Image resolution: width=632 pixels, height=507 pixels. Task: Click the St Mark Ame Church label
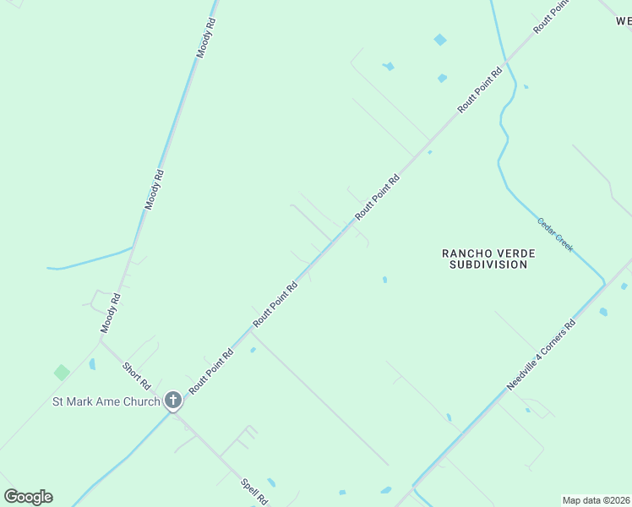(x=106, y=401)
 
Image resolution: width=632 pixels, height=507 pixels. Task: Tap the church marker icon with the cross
(x=173, y=401)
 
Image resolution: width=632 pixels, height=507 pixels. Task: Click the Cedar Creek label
(x=555, y=234)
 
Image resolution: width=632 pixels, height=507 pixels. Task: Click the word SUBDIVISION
(x=486, y=264)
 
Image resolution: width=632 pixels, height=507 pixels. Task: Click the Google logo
(x=28, y=497)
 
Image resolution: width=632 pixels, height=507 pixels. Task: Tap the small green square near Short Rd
(x=62, y=372)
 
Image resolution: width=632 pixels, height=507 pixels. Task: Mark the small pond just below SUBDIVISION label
(x=384, y=279)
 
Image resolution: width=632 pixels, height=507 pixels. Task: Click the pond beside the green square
(x=91, y=364)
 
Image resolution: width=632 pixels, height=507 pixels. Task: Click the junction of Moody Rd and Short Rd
(x=101, y=341)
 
